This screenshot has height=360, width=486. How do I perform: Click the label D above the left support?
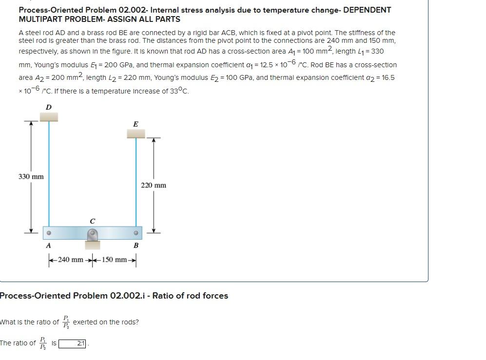(48, 107)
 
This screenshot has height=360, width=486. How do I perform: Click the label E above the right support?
(136, 124)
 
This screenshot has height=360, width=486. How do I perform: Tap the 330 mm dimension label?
(31, 176)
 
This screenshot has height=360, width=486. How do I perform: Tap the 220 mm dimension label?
(154, 185)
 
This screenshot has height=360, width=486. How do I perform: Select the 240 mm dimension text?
(71, 260)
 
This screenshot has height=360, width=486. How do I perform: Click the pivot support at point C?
(93, 236)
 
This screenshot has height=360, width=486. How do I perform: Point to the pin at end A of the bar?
(49, 233)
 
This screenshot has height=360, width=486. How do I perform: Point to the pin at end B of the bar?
(136, 233)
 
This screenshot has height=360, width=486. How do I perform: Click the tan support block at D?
(48, 116)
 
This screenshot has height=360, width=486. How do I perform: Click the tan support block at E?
(136, 133)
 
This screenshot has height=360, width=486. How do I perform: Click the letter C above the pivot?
(93, 221)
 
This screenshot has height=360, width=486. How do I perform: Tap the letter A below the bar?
(48, 246)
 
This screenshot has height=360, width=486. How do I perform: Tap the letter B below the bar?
(136, 246)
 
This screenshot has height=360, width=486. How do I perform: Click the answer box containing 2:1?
(73, 343)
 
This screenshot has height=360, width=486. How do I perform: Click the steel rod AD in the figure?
(49, 175)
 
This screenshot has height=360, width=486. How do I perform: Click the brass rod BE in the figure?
(136, 183)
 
